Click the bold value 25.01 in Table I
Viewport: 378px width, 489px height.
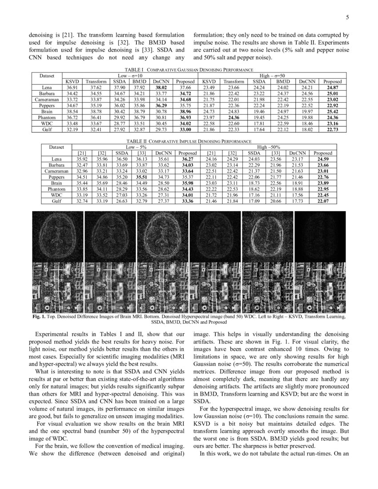coord(332,94)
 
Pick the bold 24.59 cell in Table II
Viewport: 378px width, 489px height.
coord(322,159)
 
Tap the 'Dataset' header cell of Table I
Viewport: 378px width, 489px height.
coord(47,76)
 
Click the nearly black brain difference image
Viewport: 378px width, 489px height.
coord(320,236)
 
